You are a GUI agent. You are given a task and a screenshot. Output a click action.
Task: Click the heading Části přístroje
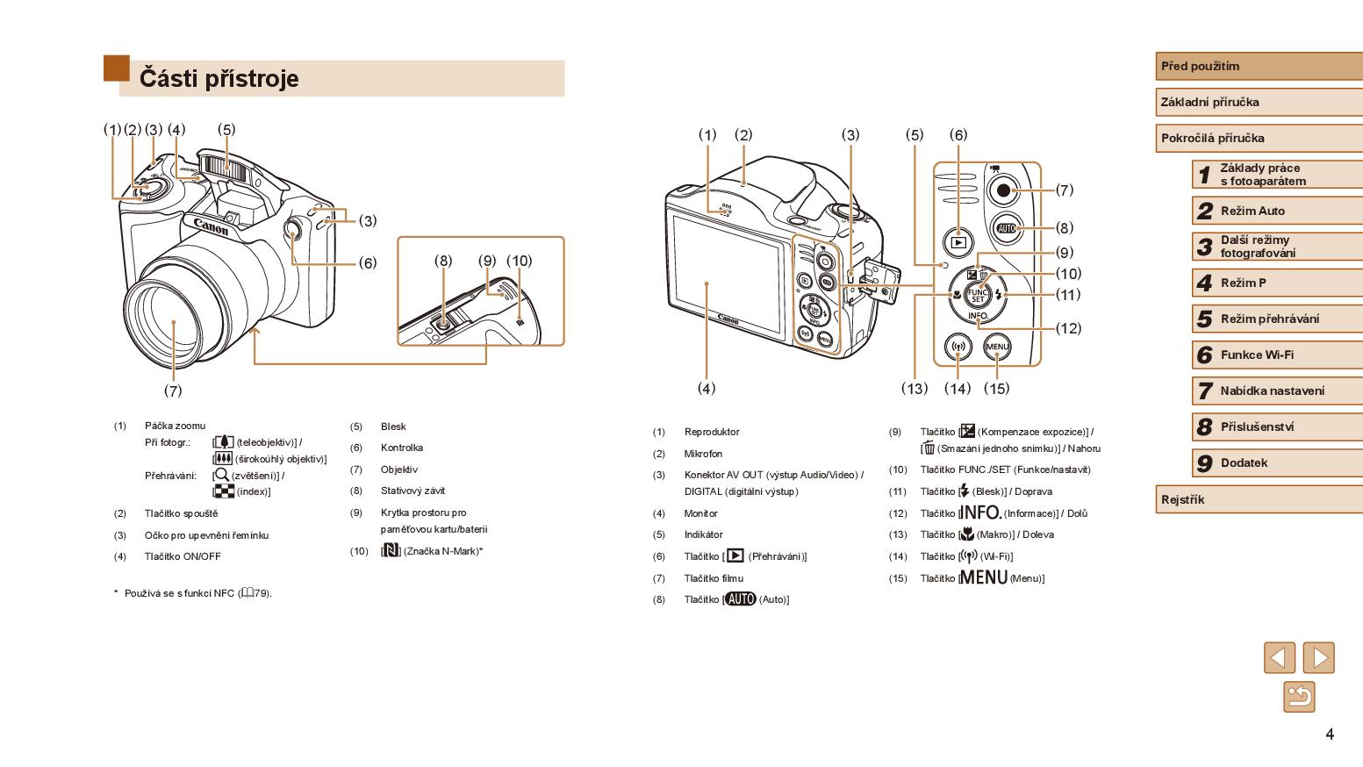[x=219, y=79]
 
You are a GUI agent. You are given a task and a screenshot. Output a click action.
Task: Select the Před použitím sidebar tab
[x=1258, y=66]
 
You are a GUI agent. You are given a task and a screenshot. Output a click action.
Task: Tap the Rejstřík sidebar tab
[x=1258, y=499]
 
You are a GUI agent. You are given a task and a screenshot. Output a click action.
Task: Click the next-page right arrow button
[x=1318, y=657]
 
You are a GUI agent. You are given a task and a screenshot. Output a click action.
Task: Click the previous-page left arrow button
[x=1279, y=657]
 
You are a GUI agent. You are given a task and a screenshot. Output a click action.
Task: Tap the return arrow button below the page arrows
[x=1299, y=697]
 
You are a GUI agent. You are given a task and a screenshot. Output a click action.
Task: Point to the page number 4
[x=1330, y=734]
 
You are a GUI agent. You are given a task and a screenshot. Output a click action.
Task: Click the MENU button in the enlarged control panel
[x=997, y=347]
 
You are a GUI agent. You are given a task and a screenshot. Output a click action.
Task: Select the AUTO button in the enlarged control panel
[x=1006, y=228]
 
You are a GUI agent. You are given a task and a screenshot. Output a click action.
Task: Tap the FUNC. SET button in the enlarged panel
[x=978, y=295]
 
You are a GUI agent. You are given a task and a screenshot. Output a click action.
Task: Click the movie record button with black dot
[x=1002, y=190]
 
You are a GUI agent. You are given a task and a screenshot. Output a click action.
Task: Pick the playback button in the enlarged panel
[x=958, y=242]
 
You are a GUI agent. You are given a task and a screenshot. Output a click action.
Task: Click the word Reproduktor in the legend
[x=712, y=432]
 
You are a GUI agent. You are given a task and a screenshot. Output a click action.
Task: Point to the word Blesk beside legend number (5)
[x=393, y=427]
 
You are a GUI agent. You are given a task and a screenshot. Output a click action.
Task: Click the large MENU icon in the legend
[x=983, y=577]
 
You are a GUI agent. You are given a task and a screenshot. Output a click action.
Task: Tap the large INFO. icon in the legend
[x=979, y=513]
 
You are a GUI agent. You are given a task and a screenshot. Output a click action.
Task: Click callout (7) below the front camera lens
[x=173, y=391]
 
